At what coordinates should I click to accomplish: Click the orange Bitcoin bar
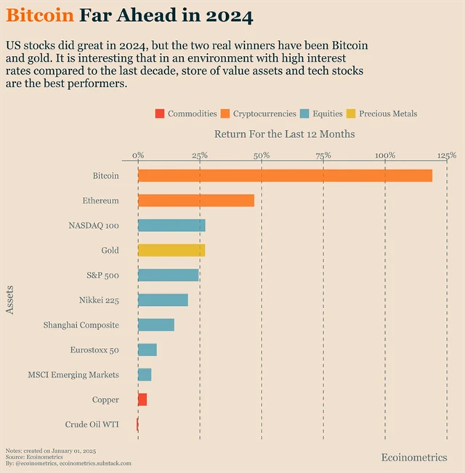[x=285, y=176]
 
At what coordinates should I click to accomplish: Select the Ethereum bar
[x=196, y=201]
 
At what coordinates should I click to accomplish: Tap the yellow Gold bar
[x=171, y=250]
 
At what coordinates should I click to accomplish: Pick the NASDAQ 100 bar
[x=171, y=225]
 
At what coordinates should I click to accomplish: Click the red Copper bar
[x=142, y=400]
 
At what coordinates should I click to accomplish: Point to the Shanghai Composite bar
[x=156, y=325]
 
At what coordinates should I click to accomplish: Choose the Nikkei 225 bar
[x=163, y=300]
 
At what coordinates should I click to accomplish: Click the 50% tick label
[x=262, y=155]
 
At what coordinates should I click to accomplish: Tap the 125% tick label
[x=447, y=155]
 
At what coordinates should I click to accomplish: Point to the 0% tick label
[x=138, y=155]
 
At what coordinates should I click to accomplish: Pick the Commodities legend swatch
[x=159, y=113]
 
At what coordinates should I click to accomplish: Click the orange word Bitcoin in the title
[x=39, y=15]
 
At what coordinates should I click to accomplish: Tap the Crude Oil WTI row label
[x=92, y=424]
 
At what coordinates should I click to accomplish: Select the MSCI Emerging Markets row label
[x=73, y=375]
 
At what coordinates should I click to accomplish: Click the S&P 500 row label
[x=102, y=275]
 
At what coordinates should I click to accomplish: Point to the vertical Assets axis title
[x=10, y=300]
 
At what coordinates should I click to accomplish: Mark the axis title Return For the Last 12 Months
[x=284, y=134]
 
